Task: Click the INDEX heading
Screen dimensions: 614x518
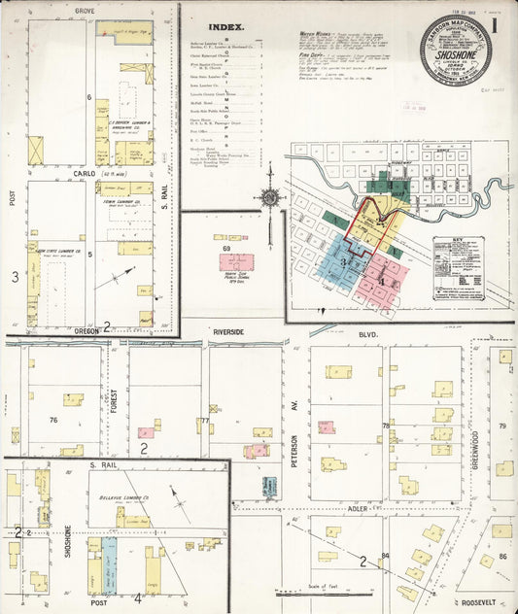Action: click(x=225, y=28)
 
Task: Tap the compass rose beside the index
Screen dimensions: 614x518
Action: click(x=269, y=197)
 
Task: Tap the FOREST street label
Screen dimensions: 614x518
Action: click(x=114, y=400)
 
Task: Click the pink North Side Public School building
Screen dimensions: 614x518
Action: click(x=235, y=263)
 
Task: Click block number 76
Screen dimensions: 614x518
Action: click(x=53, y=420)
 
